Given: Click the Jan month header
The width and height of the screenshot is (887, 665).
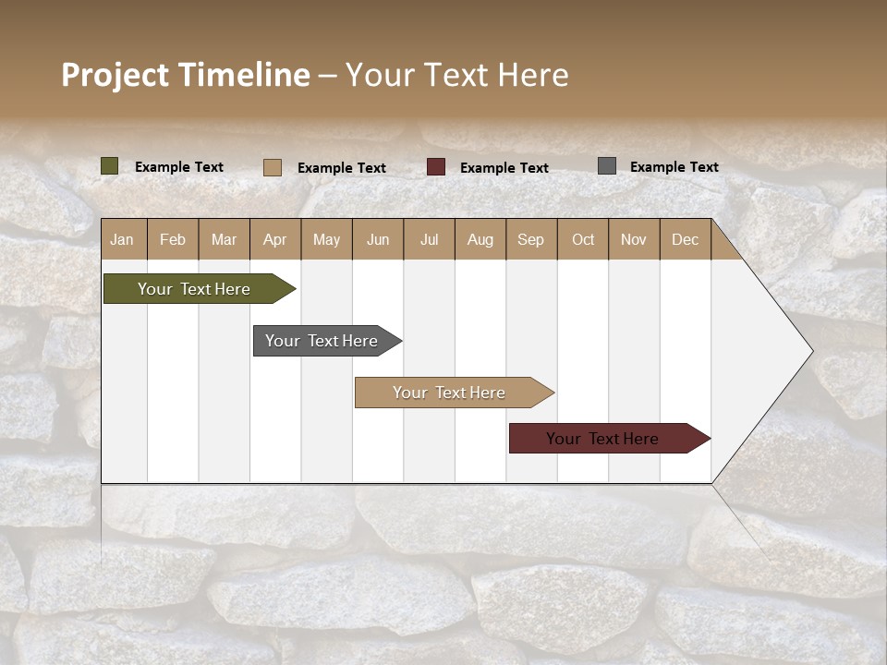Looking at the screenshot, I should tap(123, 239).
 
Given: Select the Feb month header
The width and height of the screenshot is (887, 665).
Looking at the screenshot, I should tap(173, 239).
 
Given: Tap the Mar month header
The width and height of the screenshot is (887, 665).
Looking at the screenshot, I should tap(224, 239).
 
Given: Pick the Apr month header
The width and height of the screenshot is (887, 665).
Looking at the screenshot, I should tap(275, 239).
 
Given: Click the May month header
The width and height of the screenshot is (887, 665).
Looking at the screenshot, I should tap(326, 239).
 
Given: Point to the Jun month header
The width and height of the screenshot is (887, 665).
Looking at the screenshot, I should tap(378, 239).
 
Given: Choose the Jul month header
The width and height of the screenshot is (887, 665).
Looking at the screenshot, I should tap(429, 239).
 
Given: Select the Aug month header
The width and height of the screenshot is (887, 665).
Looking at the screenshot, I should tap(480, 239).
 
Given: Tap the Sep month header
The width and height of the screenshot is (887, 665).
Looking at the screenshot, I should tap(531, 239).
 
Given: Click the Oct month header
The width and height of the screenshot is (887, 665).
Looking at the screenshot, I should tap(583, 239).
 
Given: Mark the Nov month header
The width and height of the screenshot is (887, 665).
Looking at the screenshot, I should tap(634, 239).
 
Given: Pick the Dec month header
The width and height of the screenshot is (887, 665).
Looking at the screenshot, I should tap(686, 239).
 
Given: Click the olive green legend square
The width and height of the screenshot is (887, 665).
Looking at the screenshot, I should tap(110, 166).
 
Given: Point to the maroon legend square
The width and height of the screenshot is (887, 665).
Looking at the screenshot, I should tap(436, 166).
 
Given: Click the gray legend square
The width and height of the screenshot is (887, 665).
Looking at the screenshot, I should tap(607, 166).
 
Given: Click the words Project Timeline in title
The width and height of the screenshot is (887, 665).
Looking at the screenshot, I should tap(186, 75).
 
